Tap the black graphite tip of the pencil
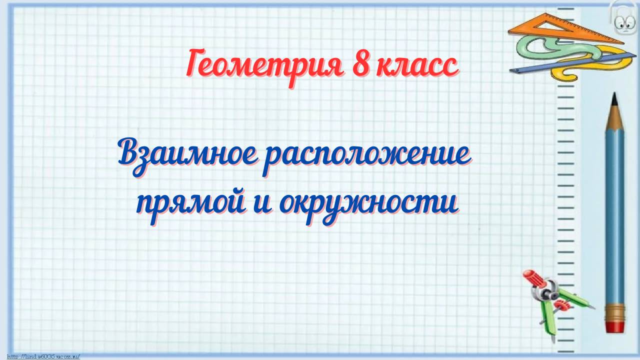[x=614, y=98]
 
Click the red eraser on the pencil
[x=614, y=325]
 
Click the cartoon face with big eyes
[x=621, y=20]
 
